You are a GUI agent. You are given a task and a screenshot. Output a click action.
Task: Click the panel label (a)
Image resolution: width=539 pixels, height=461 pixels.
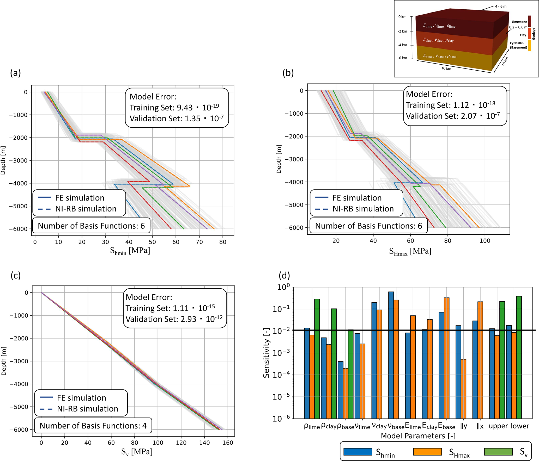point(15,73)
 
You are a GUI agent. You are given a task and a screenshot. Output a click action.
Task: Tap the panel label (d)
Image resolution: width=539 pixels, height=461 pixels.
point(284,275)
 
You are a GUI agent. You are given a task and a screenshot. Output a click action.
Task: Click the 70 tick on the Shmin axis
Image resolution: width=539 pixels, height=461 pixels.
point(199,242)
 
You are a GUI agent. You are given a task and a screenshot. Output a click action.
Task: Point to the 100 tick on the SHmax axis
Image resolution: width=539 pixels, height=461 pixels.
point(485,241)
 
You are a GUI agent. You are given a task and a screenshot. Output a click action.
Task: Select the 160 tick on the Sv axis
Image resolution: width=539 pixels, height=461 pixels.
point(228,443)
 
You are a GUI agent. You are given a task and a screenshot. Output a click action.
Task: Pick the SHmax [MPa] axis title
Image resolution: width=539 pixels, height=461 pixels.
point(410,251)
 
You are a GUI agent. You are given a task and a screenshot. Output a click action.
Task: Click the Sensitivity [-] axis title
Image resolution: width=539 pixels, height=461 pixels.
point(266,353)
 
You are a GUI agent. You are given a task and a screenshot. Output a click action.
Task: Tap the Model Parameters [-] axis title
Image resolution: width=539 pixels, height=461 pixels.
point(418,436)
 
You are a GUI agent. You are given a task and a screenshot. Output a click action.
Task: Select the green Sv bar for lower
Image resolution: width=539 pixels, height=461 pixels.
point(519,357)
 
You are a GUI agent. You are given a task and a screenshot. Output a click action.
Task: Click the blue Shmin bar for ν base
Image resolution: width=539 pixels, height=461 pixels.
point(391,354)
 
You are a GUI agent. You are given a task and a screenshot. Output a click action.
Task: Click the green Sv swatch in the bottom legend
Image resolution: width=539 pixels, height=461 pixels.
point(498,452)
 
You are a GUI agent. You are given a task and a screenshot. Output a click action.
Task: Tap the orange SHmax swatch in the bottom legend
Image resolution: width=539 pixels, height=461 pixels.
point(427,452)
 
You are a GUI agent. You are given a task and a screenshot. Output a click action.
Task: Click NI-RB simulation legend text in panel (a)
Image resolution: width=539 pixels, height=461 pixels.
point(86,209)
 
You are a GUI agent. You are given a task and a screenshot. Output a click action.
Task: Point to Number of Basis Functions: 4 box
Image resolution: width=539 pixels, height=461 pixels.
point(93,426)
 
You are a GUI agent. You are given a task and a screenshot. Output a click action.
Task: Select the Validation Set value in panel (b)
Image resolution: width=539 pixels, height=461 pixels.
point(453,116)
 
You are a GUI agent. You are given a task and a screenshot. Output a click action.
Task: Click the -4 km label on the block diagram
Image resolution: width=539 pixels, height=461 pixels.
point(402,45)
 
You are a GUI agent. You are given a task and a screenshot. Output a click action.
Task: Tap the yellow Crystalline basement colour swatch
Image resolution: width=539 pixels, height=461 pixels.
point(529,45)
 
